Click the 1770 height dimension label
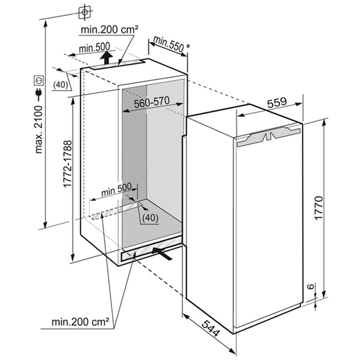tap(319, 208)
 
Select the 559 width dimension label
tap(277, 102)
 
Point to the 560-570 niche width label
tap(152, 102)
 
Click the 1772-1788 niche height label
tap(68, 164)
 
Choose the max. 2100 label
tap(38, 129)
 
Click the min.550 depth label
tap(168, 44)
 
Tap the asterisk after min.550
tap(188, 46)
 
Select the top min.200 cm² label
tap(110, 29)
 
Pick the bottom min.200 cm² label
tap(80, 322)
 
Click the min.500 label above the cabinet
tap(94, 48)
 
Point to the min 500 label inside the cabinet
tap(116, 189)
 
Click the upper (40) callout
tap(60, 85)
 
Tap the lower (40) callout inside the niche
tap(150, 217)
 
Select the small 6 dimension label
tap(310, 286)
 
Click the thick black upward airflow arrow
tap(107, 58)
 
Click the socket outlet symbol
tap(38, 80)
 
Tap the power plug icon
tap(38, 94)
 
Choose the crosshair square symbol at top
tap(85, 12)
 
